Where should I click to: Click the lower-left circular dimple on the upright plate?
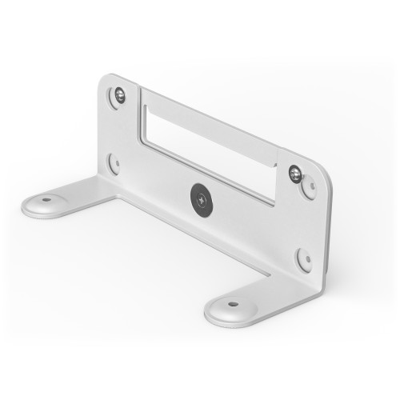click(115, 163)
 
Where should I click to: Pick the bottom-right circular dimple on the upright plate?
click(304, 259)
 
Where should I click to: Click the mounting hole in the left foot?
click(46, 199)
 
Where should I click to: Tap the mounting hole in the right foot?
click(232, 304)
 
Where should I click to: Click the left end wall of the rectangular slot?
click(144, 117)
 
